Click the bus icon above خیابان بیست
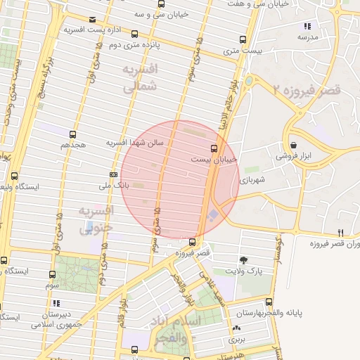tap(214, 148)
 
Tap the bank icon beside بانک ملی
tap(113, 174)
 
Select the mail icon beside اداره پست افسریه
tap(94, 20)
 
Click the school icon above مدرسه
tap(307, 26)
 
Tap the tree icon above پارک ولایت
tap(244, 259)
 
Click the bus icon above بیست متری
tap(243, 39)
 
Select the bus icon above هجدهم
tap(72, 134)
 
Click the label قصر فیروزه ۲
tap(307, 91)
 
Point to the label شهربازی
tap(252, 180)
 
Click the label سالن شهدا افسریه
tap(135, 142)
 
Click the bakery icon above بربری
tap(236, 328)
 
